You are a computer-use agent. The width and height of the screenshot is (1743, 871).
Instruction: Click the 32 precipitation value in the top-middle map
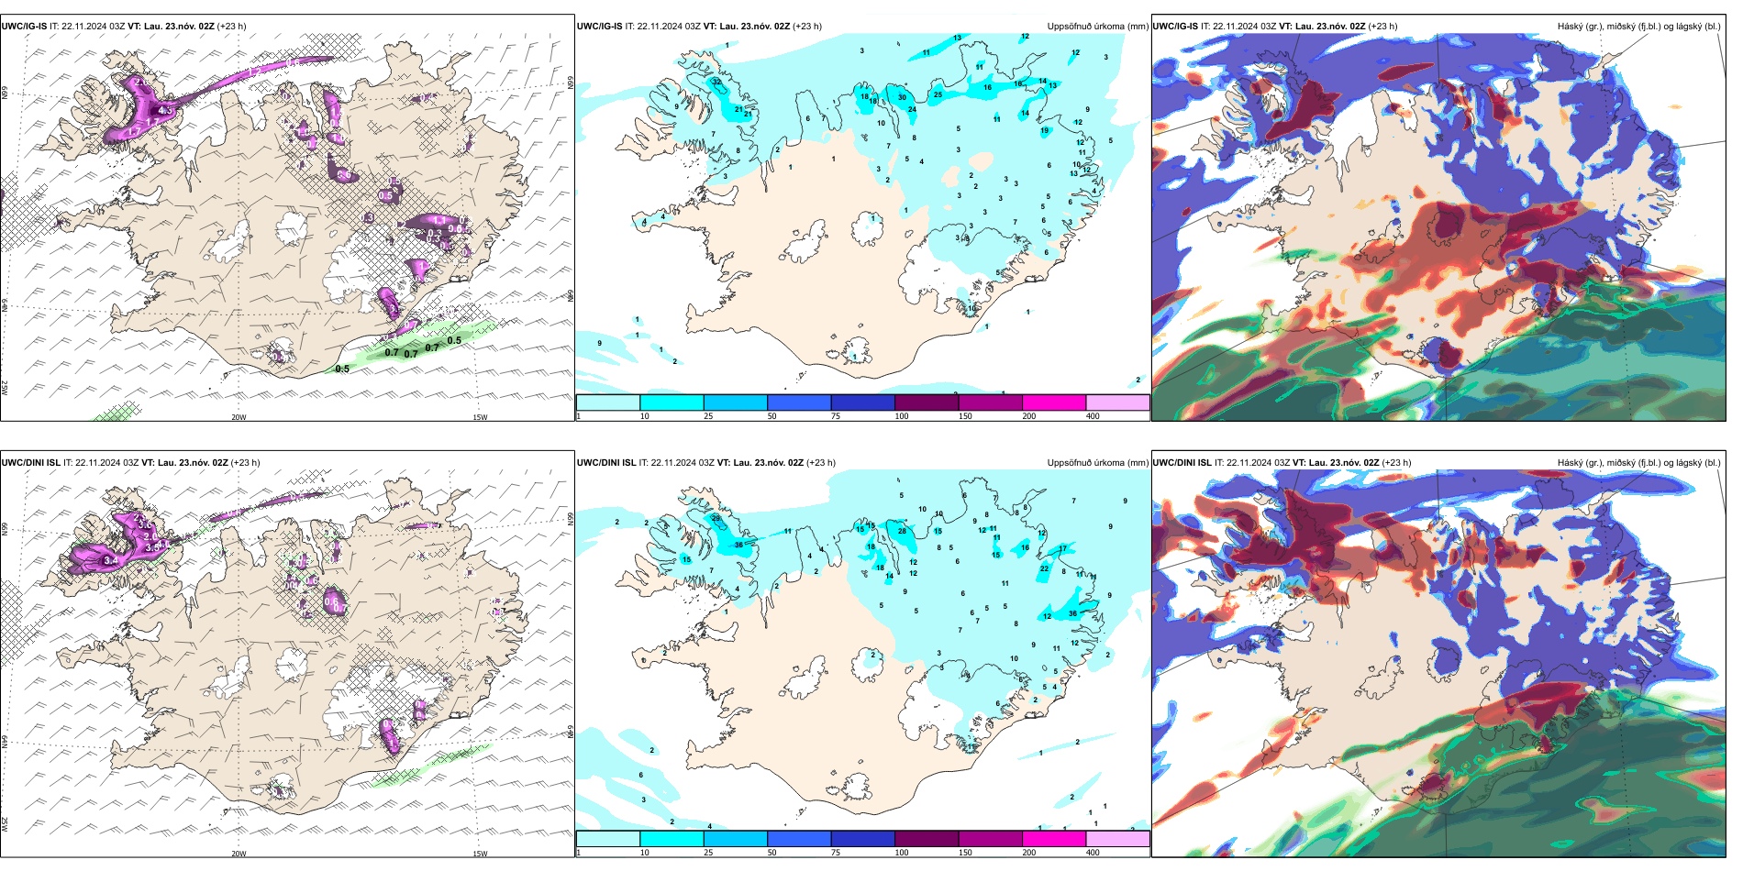[716, 82]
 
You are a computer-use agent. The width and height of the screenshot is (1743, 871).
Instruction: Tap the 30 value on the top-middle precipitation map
[902, 97]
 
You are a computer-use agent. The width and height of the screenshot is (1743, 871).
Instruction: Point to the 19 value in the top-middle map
[1044, 131]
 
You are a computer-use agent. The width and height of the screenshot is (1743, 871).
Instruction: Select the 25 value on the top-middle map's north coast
[938, 94]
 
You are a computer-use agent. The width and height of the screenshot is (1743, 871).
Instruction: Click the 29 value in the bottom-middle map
[716, 518]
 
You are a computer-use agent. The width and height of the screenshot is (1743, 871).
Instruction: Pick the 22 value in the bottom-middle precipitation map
[1044, 568]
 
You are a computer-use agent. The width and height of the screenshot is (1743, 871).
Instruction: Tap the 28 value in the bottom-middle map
[902, 532]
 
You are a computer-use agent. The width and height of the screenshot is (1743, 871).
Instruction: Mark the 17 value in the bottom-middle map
[1062, 549]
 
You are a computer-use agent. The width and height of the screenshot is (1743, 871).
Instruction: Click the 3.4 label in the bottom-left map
[111, 560]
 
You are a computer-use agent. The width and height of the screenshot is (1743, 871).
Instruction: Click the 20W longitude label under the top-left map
[239, 417]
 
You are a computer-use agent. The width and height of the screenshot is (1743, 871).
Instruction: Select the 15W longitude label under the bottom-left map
[480, 854]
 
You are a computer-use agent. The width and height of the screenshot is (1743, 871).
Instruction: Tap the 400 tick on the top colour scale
[1093, 416]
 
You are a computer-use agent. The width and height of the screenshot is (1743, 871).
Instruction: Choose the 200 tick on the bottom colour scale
[1029, 853]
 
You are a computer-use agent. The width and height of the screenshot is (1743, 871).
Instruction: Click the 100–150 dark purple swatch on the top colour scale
[927, 402]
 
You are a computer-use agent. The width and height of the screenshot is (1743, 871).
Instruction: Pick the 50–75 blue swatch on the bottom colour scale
[799, 839]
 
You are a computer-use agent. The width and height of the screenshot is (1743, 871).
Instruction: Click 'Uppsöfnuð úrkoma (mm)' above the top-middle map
[1097, 27]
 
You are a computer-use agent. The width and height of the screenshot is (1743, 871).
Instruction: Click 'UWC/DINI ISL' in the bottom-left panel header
[30, 463]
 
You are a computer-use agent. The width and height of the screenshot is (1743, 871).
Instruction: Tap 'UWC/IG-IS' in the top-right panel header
[1175, 27]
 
